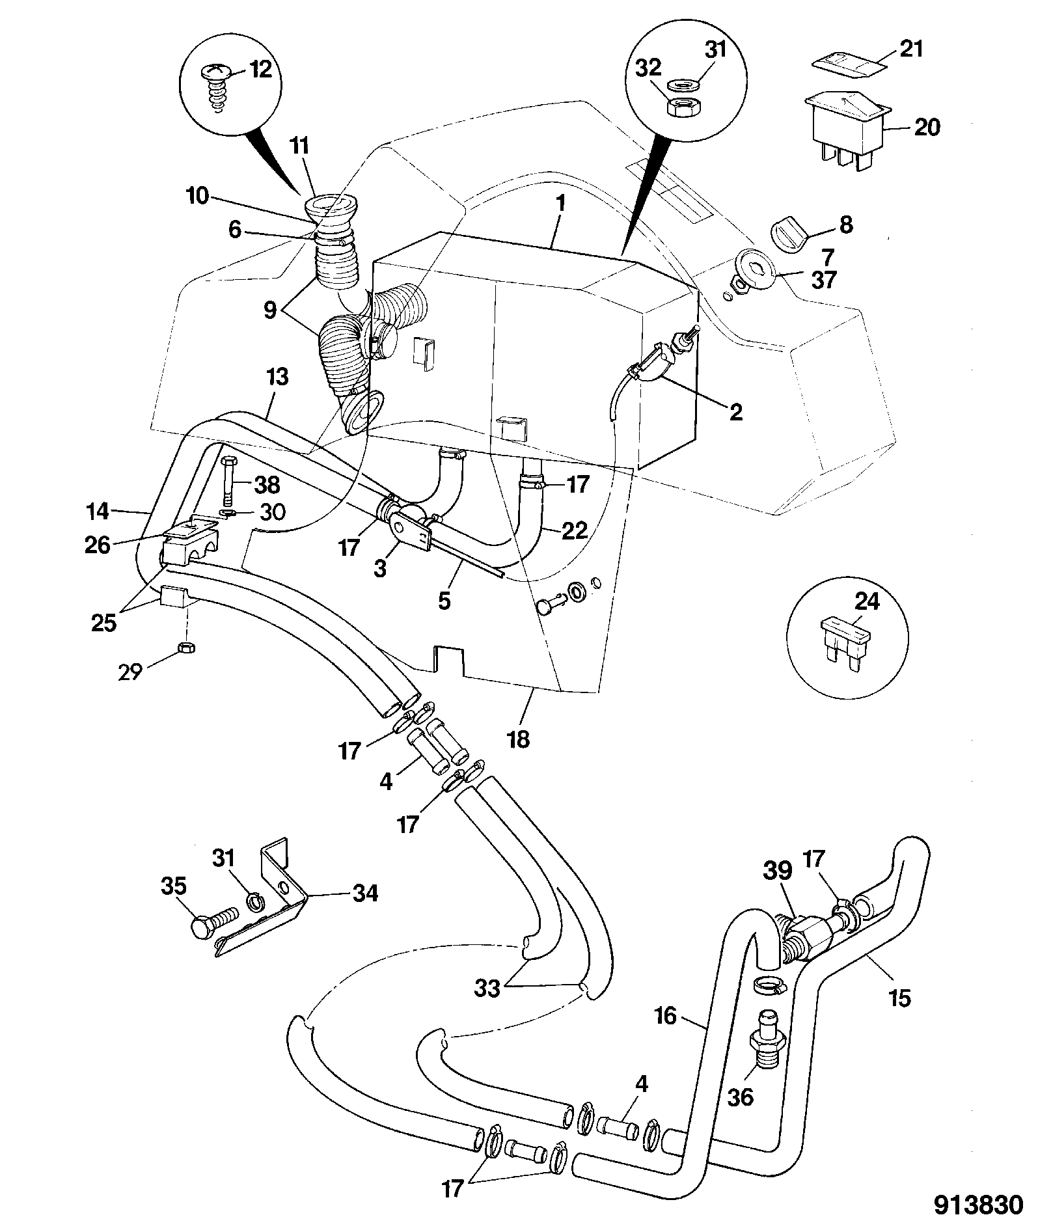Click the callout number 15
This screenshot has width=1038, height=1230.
pyautogui.click(x=899, y=997)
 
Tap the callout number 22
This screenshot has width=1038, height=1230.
pyautogui.click(x=573, y=530)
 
